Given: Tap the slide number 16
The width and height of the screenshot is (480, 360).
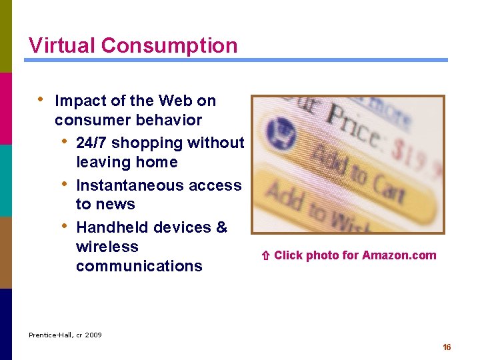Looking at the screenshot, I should pyautogui.click(x=447, y=347).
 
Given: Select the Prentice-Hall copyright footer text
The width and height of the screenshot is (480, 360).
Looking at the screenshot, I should pyautogui.click(x=65, y=335).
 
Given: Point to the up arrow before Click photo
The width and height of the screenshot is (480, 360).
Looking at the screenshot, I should pyautogui.click(x=265, y=255).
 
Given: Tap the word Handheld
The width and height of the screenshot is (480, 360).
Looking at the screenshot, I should pyautogui.click(x=111, y=227).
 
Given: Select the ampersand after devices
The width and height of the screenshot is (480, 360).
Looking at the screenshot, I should pyautogui.click(x=222, y=227).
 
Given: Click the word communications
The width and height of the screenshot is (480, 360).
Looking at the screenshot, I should pyautogui.click(x=139, y=266).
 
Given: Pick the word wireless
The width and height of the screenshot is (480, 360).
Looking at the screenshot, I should pyautogui.click(x=107, y=247).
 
